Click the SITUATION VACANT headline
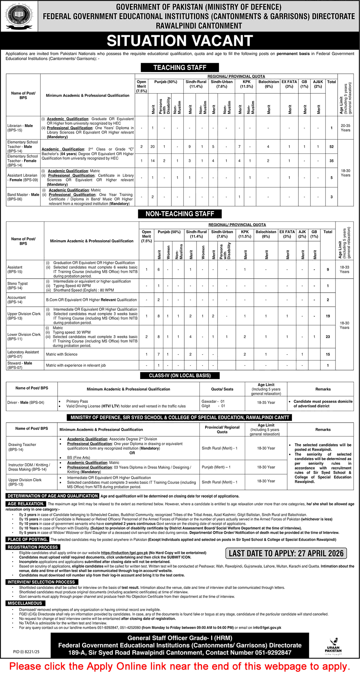[x=180, y=41]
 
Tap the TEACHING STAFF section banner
[x=180, y=67]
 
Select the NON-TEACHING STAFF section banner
[x=180, y=214]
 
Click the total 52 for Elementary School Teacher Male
[x=332, y=147]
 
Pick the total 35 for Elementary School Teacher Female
[x=332, y=161]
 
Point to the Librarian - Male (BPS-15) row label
[x=20, y=128]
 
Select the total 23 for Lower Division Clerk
[x=328, y=337]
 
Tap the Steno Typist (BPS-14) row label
[x=18, y=285]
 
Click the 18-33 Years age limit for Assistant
[x=345, y=269]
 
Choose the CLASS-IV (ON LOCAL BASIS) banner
[x=180, y=375]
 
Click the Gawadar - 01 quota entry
[x=213, y=401]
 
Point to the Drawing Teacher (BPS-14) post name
[x=22, y=447]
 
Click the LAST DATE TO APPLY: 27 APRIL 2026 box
[x=286, y=553]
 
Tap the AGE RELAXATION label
[x=26, y=504]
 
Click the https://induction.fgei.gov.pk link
[x=125, y=553]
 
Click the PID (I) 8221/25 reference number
[x=26, y=652]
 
